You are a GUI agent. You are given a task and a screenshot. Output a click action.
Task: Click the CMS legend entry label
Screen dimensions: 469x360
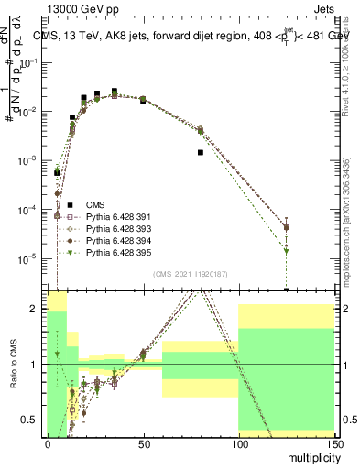96,204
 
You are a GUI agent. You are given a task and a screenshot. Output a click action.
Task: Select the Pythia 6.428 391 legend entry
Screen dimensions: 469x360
119,216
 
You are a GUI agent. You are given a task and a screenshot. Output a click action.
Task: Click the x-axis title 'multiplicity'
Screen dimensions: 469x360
312,455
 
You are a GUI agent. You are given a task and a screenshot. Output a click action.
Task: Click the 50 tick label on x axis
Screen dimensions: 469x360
142,443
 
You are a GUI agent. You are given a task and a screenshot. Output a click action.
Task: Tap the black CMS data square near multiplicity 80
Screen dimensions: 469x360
200,152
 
